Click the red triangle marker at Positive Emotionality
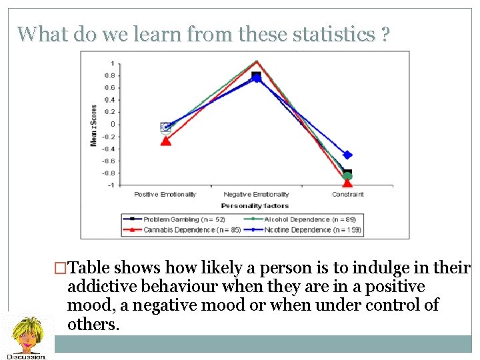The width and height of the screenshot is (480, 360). coord(165,141)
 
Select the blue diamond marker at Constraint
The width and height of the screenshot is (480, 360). coord(347,155)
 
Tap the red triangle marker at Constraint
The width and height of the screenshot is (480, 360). coord(347,183)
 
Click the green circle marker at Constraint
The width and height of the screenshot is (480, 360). coord(347,176)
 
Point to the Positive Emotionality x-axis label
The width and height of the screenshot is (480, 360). coord(165,195)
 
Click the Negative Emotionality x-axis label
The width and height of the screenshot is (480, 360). coord(257,195)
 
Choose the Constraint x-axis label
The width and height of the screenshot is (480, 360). coord(348,195)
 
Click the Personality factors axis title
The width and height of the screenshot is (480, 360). coord(255,206)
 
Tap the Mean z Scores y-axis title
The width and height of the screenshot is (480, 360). coord(94,125)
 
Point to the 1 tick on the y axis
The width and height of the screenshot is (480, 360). coord(111,63)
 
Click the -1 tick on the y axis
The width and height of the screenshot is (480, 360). coord(111,185)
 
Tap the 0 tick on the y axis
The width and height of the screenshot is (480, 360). coord(111,124)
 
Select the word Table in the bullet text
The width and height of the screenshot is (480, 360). coord(91,268)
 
